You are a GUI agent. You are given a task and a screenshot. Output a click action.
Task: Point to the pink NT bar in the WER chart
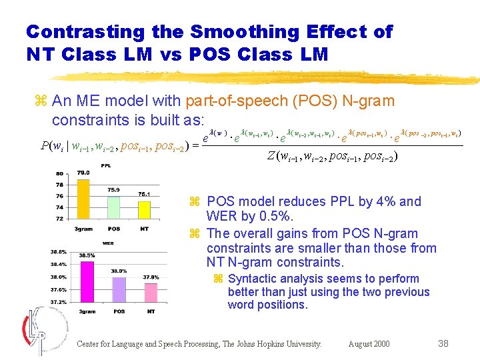click(151, 292)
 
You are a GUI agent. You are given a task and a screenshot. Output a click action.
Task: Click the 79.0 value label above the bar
click(83, 173)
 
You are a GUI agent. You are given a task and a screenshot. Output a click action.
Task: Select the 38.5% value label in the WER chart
click(87, 255)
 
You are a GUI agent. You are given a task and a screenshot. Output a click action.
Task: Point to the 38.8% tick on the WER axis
click(57, 251)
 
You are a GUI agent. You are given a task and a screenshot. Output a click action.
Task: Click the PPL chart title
click(105, 167)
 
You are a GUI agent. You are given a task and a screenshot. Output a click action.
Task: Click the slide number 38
click(443, 344)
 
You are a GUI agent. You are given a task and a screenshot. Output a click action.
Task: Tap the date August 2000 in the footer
click(369, 344)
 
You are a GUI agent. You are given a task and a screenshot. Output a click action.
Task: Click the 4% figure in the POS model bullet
click(387, 201)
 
